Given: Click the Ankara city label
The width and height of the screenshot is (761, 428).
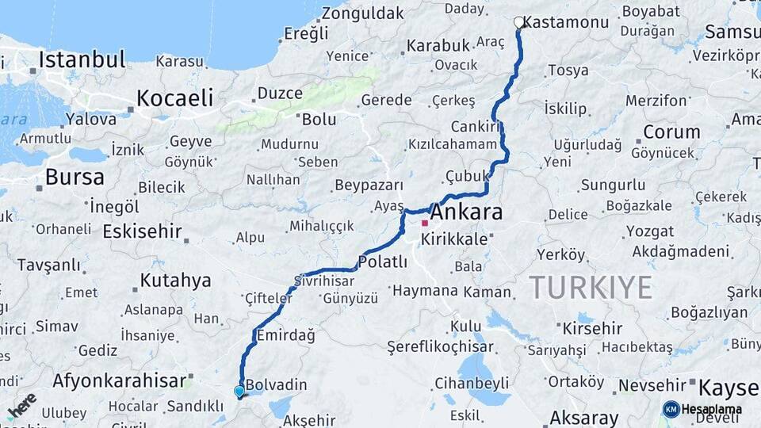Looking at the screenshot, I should point(466,212).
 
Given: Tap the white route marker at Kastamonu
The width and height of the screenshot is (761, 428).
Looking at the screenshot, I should point(518,22).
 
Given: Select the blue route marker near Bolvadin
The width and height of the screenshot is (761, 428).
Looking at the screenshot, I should point(239,391).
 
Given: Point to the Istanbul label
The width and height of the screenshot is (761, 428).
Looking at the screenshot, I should point(82,59).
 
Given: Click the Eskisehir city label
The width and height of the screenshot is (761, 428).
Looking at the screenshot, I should point(142,231).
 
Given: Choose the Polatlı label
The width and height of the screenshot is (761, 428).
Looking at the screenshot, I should point(383,262).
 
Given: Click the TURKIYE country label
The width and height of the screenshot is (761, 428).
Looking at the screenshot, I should point(591,287).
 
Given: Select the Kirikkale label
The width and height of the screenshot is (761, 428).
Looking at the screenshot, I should point(454,238).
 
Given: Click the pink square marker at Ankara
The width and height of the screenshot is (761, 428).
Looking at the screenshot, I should point(425,224).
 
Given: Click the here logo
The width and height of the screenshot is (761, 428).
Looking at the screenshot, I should point(22,405).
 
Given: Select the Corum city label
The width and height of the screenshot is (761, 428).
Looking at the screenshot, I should point(671,132).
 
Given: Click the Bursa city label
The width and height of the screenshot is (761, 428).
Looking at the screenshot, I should point(75,177).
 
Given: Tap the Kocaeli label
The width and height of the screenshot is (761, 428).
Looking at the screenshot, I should point(174,98).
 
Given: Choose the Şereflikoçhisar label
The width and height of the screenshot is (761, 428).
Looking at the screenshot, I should point(440,346).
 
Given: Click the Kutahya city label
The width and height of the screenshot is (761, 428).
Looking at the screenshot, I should point(175,280).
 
